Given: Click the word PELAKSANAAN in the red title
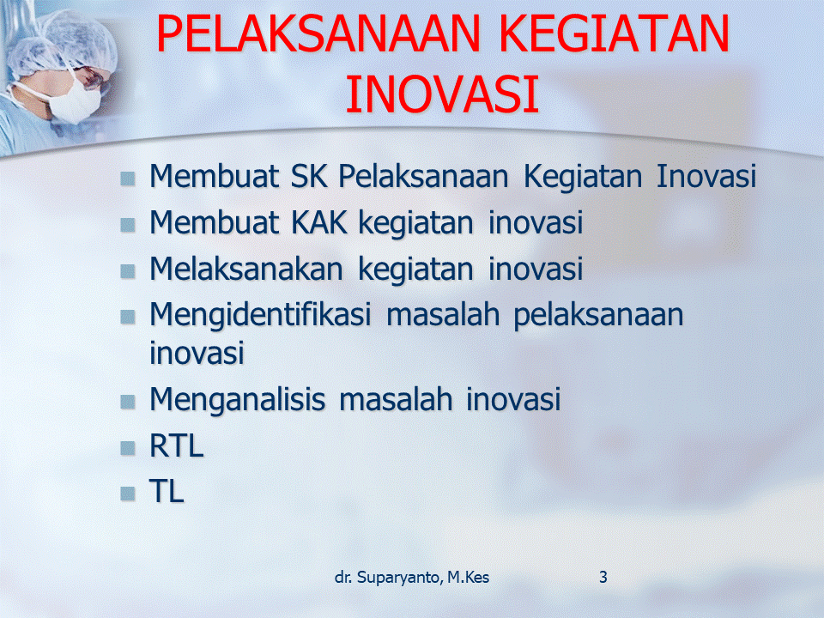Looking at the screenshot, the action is point(318,33).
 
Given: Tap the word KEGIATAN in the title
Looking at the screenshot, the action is point(615,33).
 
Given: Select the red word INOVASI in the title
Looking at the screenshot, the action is point(443,94).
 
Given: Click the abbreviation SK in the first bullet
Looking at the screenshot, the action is point(309,176).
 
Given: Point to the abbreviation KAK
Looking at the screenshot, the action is point(319,222).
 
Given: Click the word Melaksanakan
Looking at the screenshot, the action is point(246,269).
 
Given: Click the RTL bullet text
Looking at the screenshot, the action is point(177,446).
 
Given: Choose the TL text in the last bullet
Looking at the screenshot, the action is point(167,492).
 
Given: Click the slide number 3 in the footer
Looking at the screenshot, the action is point(603,577).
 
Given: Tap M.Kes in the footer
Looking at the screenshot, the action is point(469,577).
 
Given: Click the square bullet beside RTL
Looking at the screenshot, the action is point(128,448).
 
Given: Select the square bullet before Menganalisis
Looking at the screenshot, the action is point(128,402).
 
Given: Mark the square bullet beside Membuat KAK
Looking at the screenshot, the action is point(128,225).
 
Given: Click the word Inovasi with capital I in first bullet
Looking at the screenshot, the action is point(706,176).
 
